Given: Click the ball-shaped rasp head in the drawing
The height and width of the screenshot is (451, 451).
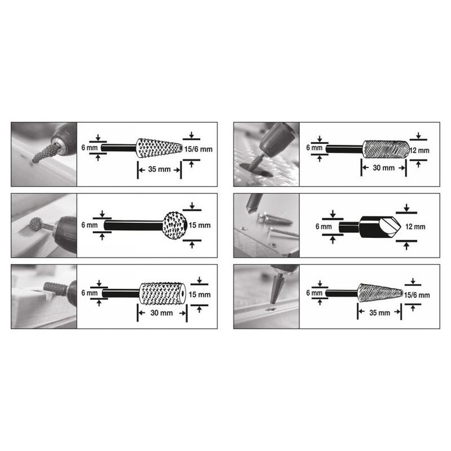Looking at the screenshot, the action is click(175, 225).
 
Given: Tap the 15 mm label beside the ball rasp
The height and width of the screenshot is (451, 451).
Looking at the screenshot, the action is click(200, 225).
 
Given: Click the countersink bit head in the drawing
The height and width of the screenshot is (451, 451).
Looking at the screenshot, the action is click(380, 227).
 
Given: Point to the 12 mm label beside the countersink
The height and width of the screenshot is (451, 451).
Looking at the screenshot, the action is click(415, 227).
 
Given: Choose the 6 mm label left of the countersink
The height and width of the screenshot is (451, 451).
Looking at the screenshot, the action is click(324, 227).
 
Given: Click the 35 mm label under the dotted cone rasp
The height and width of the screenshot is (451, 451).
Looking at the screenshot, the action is click(160, 169).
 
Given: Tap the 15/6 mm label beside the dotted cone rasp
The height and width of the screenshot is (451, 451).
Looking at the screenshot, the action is click(198, 149).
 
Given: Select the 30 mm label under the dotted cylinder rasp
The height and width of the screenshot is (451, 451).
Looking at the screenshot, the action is click(162, 313).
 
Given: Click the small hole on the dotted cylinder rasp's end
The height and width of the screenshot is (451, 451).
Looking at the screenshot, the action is click(183, 294).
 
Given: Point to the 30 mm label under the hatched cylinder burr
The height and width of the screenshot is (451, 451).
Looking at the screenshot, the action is click(383, 167).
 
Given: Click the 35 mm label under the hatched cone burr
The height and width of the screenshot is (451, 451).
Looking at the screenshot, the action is click(379, 313).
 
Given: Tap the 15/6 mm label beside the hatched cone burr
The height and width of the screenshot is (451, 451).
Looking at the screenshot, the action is click(417, 295).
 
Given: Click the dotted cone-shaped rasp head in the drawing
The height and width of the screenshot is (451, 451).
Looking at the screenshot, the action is click(160, 148).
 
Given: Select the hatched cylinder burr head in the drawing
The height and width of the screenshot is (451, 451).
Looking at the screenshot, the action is click(386, 149).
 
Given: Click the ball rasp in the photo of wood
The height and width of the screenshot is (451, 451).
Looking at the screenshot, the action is click(36, 224).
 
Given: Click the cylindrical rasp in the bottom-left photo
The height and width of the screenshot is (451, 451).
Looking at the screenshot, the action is click(55, 289).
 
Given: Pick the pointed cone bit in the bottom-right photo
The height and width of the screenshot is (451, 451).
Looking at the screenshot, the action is click(276, 288).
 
